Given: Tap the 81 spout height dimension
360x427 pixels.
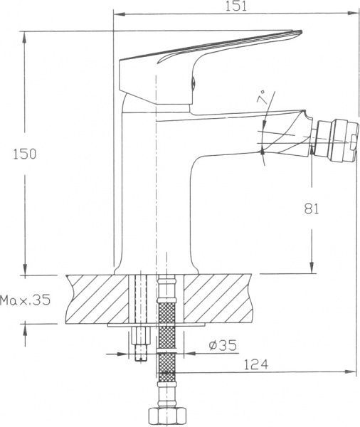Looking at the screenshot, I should point(312,209).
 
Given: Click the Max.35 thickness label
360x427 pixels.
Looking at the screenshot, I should point(26,300).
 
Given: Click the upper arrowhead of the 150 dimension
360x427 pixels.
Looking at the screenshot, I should point(26,34).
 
